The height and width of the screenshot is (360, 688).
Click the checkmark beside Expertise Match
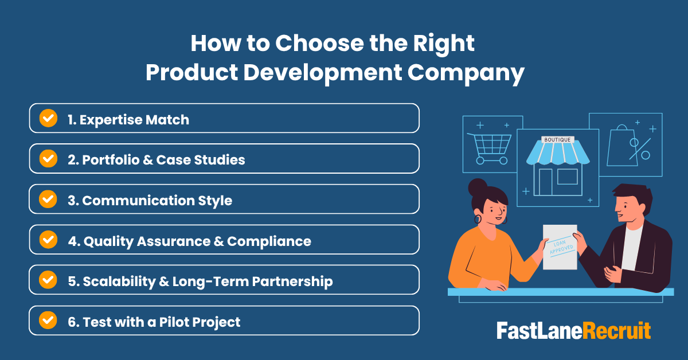coord(48,119)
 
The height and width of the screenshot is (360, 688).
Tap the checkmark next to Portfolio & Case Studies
coord(48,159)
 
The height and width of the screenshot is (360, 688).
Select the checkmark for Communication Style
coord(48,199)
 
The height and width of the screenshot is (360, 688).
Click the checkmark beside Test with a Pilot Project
coord(48,321)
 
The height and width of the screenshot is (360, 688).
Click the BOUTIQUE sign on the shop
coord(557,139)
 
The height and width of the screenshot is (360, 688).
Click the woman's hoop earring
coord(477,219)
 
